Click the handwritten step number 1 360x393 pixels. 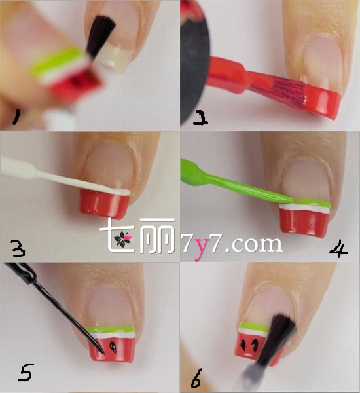coord(16,117)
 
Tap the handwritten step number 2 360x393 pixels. coord(200,119)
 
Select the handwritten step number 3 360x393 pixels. coord(18,248)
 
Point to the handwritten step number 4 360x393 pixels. coord(338,249)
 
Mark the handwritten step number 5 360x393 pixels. coord(26,372)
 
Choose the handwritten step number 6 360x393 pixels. coord(196,378)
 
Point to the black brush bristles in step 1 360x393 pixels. coord(101,36)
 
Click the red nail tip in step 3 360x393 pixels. coord(104,204)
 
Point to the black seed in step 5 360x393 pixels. coord(113,348)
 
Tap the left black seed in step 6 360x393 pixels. coord(243,345)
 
